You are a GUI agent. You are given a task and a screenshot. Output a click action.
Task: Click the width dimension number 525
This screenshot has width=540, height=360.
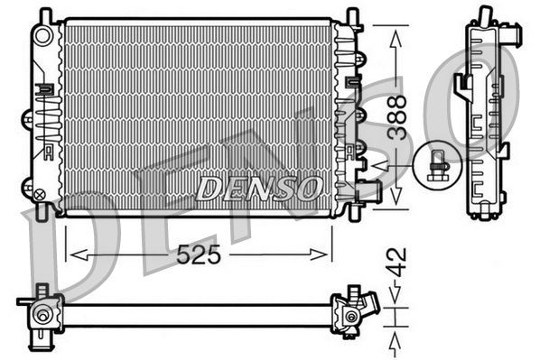point(199,254)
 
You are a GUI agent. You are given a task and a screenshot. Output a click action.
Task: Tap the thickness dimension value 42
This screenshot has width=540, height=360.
point(395,268)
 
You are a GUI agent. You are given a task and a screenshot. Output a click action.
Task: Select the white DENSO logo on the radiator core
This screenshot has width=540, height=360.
point(259,188)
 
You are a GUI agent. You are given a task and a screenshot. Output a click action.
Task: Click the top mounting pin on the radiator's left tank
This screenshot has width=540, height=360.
point(46,14)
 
